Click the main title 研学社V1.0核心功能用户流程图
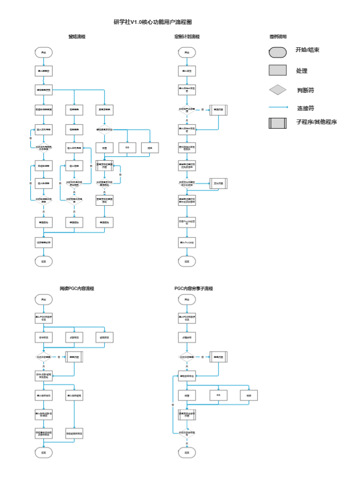[153, 22]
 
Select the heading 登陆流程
[77, 37]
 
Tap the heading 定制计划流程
[187, 37]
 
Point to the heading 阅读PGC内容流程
[77, 288]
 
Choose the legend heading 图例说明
[278, 37]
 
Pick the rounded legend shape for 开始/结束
[277, 52]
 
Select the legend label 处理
[302, 71]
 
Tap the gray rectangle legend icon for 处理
[277, 70]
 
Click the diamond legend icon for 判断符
[277, 89]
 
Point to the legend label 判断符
[306, 89]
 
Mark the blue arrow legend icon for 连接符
[278, 107]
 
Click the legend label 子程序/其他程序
[316, 122]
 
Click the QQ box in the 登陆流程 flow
[127, 147]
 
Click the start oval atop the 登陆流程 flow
[43, 53]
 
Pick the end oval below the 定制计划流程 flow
[187, 261]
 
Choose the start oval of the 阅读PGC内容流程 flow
[43, 299]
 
